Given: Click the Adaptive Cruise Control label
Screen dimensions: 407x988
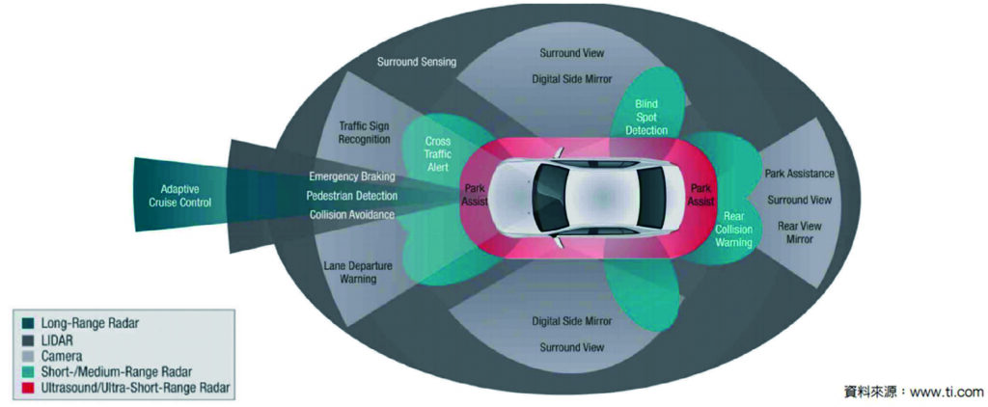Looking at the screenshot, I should click(x=175, y=195).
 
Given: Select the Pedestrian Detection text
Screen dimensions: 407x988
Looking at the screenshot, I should click(x=351, y=196).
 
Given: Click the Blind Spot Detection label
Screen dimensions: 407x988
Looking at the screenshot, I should click(x=645, y=115).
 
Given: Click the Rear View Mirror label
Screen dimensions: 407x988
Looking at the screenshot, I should click(x=800, y=232).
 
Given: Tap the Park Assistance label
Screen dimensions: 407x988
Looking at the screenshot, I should click(x=800, y=174).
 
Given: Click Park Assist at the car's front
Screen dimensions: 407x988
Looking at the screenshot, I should click(x=476, y=196).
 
